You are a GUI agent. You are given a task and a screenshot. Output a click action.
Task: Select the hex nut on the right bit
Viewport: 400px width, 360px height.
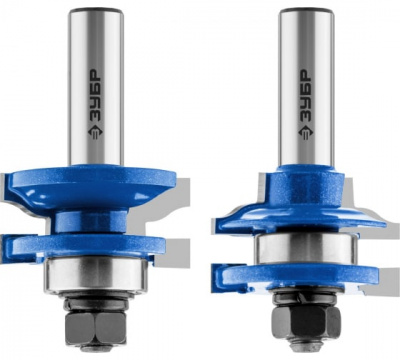coord(307,321)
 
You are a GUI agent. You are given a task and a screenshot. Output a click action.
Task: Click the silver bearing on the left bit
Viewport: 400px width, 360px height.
coord(96,275)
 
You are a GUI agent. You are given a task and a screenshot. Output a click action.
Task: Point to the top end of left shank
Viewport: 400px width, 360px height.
coord(96,9)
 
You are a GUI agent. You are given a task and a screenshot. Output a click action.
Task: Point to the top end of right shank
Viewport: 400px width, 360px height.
coord(306,9)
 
